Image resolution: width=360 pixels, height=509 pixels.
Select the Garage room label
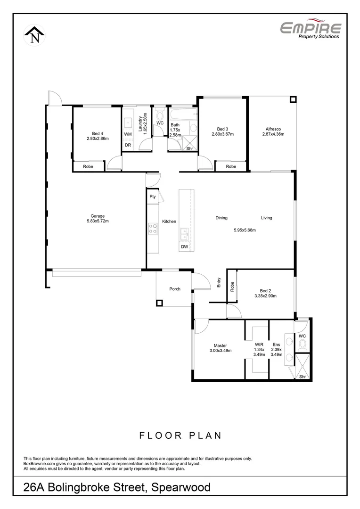click(98, 216)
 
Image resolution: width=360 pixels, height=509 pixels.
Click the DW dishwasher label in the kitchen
click(185, 247)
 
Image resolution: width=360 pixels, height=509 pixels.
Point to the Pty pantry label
click(153, 197)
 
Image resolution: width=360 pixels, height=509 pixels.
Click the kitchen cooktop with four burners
click(153, 229)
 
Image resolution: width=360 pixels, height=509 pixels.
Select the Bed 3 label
click(222, 129)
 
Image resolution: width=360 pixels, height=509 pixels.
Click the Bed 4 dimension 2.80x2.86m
click(98, 139)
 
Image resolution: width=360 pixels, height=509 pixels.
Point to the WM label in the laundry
click(128, 134)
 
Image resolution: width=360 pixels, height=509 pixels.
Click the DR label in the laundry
click(128, 145)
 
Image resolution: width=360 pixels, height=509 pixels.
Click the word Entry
click(219, 282)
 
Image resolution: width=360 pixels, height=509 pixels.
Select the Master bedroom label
click(220, 345)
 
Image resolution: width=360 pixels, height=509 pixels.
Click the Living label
click(267, 218)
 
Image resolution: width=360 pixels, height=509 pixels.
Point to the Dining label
click(221, 218)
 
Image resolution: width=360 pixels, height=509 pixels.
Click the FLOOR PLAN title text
click(180, 435)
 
